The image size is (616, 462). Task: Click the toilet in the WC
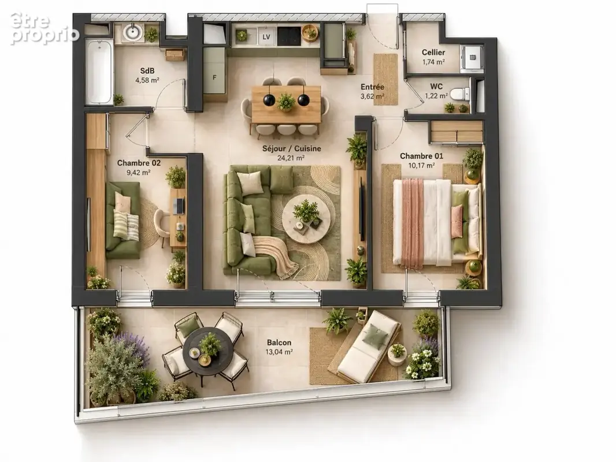click(x=459, y=94)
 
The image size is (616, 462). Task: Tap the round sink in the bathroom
click(x=132, y=32)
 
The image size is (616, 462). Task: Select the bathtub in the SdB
click(x=99, y=72)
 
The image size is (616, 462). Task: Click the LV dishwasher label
click(x=266, y=37)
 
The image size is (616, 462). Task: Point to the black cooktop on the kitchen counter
click(x=289, y=36)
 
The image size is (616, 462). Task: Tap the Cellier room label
click(x=433, y=52)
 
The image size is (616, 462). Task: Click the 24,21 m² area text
click(x=291, y=158)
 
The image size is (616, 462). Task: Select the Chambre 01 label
click(x=421, y=156)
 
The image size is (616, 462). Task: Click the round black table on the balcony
click(x=203, y=350)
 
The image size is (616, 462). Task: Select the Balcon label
click(x=279, y=342)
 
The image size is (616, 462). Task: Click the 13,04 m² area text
click(x=279, y=352)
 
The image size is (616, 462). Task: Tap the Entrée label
click(x=372, y=87)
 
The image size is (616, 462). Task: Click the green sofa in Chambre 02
click(x=123, y=220)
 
